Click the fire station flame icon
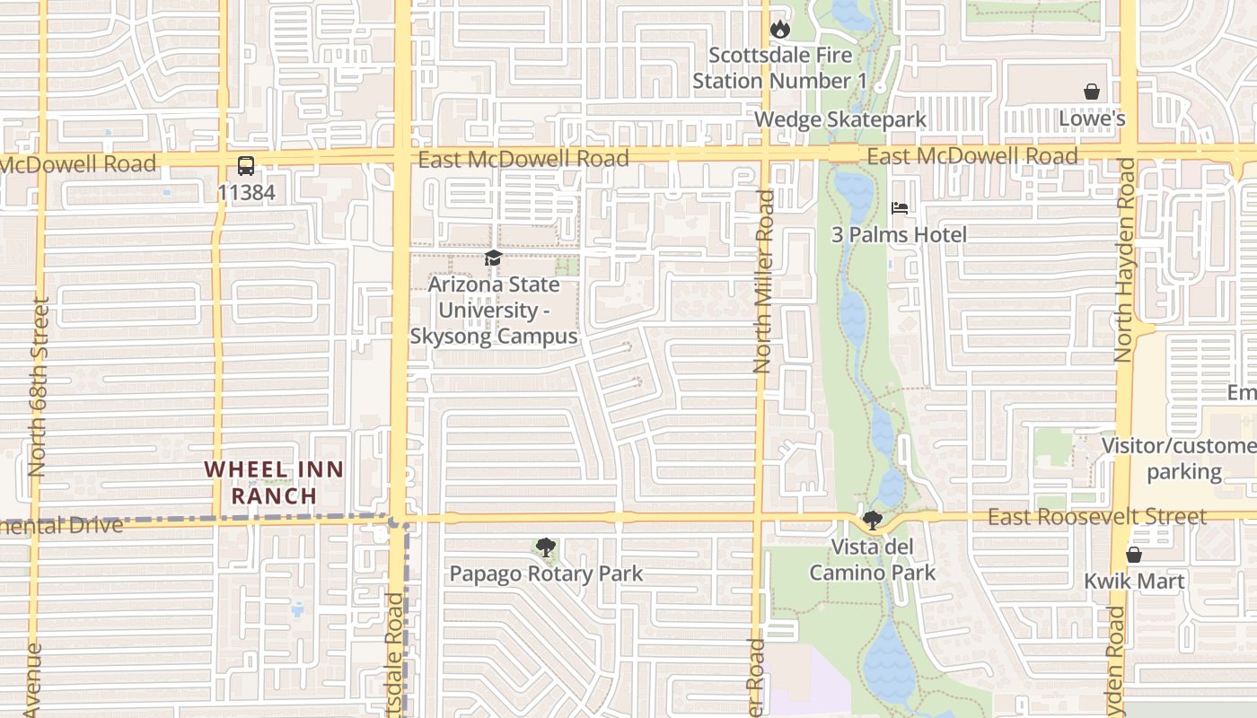tap(780, 30)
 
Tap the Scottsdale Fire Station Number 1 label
tap(779, 68)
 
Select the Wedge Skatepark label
tap(840, 119)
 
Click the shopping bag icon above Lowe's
tap(1092, 92)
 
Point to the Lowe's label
tap(1092, 118)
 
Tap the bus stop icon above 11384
tap(246, 166)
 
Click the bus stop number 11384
tap(246, 192)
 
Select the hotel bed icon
tap(900, 208)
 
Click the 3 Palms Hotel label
tap(899, 235)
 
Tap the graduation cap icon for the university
tap(493, 258)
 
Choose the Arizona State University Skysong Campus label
tap(494, 311)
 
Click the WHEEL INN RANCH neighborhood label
tap(274, 482)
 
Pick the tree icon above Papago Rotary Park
tap(545, 547)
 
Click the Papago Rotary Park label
tap(546, 574)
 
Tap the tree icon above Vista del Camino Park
tap(872, 521)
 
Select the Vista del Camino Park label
tap(872, 560)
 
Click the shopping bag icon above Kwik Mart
tap(1134, 555)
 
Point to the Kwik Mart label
tap(1134, 581)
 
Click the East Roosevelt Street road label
tap(1097, 517)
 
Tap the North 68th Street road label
tap(38, 387)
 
